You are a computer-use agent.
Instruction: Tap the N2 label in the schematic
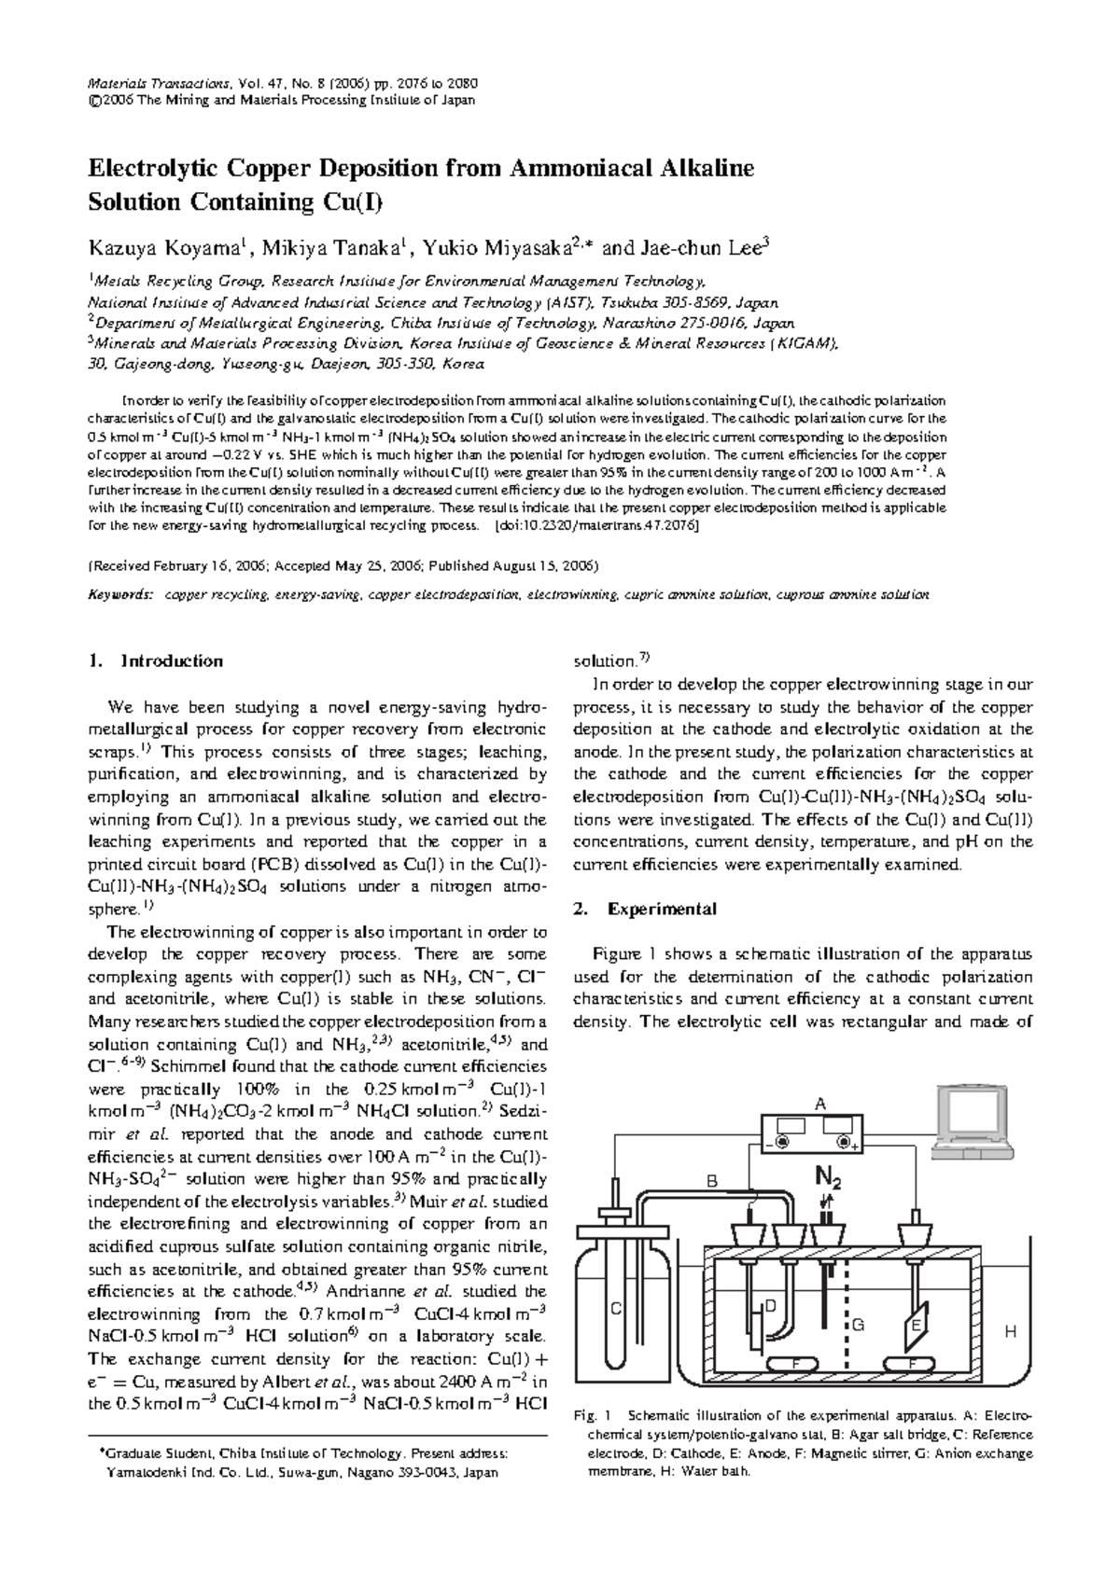pyautogui.click(x=828, y=1179)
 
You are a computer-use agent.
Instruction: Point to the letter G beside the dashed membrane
pyautogui.click(x=859, y=1325)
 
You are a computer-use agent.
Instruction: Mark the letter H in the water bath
pyautogui.click(x=1008, y=1332)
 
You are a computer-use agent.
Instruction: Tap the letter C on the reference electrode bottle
pyautogui.click(x=615, y=1309)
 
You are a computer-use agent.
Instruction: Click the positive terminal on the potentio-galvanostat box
pyautogui.click(x=845, y=1142)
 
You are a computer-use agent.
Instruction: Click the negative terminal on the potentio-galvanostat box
pyautogui.click(x=781, y=1142)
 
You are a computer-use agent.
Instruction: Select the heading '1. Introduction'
pyautogui.click(x=154, y=661)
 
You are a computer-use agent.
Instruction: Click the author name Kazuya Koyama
pyautogui.click(x=164, y=248)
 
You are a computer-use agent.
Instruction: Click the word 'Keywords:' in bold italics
pyautogui.click(x=119, y=594)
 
